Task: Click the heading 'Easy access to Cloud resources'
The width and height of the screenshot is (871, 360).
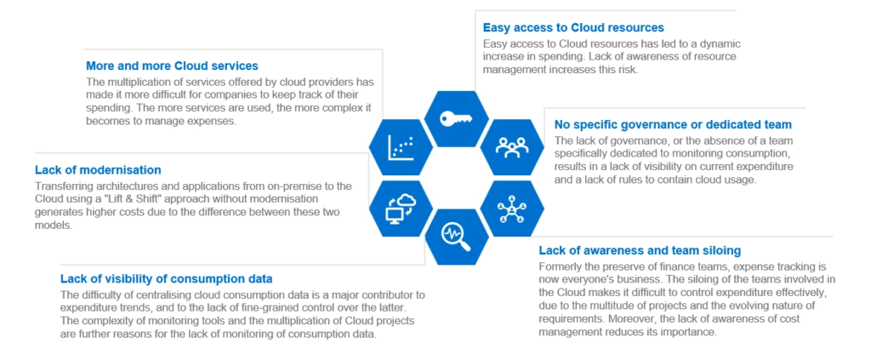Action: [x=572, y=28]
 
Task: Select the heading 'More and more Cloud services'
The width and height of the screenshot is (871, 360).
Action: [x=172, y=66]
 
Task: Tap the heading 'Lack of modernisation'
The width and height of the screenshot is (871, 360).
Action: [x=98, y=170]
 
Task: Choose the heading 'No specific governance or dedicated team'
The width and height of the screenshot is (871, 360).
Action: [x=673, y=124]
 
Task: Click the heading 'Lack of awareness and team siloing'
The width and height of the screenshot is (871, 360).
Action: [x=640, y=250]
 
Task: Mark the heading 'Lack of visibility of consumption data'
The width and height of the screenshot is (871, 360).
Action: [x=166, y=278]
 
